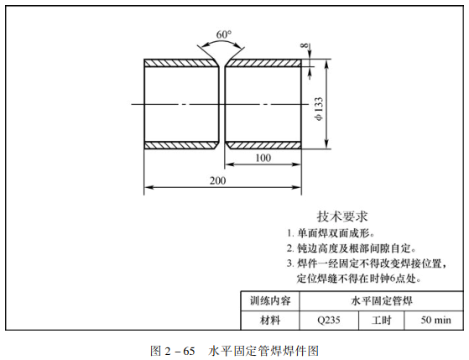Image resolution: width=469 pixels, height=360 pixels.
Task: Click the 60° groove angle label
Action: (224, 34)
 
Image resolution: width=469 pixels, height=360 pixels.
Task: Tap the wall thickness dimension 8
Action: (305, 45)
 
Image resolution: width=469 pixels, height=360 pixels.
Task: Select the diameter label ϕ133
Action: (319, 109)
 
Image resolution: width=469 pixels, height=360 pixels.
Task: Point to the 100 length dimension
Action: (263, 158)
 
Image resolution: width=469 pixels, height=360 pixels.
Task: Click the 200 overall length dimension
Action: (218, 180)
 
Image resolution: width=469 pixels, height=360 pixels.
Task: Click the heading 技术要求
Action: (342, 217)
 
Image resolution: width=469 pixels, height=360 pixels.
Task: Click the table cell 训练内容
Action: (270, 300)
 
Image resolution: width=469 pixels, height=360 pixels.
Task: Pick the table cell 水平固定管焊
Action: (382, 300)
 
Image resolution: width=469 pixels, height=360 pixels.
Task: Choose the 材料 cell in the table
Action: (270, 321)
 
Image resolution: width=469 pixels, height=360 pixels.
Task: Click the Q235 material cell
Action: (329, 321)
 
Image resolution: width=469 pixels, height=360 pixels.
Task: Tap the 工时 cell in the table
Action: (382, 321)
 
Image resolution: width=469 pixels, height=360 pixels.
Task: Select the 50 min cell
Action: (435, 320)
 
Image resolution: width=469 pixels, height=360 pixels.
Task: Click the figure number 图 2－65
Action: (173, 351)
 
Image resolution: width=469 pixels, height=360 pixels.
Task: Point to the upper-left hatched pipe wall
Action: (180, 63)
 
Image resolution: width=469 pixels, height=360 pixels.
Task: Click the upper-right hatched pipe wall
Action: (263, 63)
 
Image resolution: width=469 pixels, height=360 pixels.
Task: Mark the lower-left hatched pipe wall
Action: (180, 145)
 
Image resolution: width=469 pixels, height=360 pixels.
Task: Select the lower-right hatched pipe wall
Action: (263, 145)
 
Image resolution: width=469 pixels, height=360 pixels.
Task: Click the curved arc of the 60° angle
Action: (221, 41)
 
